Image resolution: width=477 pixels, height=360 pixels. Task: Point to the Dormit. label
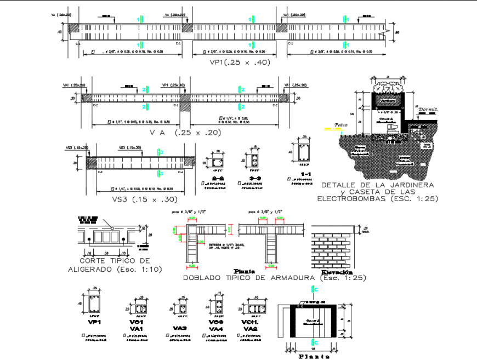point(429,110)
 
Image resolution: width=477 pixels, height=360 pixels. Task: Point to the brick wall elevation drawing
point(334,246)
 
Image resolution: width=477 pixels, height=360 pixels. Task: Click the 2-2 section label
point(218,179)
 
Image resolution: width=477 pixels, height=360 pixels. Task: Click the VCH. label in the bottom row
point(249,322)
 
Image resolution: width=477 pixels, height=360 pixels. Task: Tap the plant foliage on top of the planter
point(389,85)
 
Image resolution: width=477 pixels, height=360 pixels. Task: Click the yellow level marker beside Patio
point(328,129)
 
